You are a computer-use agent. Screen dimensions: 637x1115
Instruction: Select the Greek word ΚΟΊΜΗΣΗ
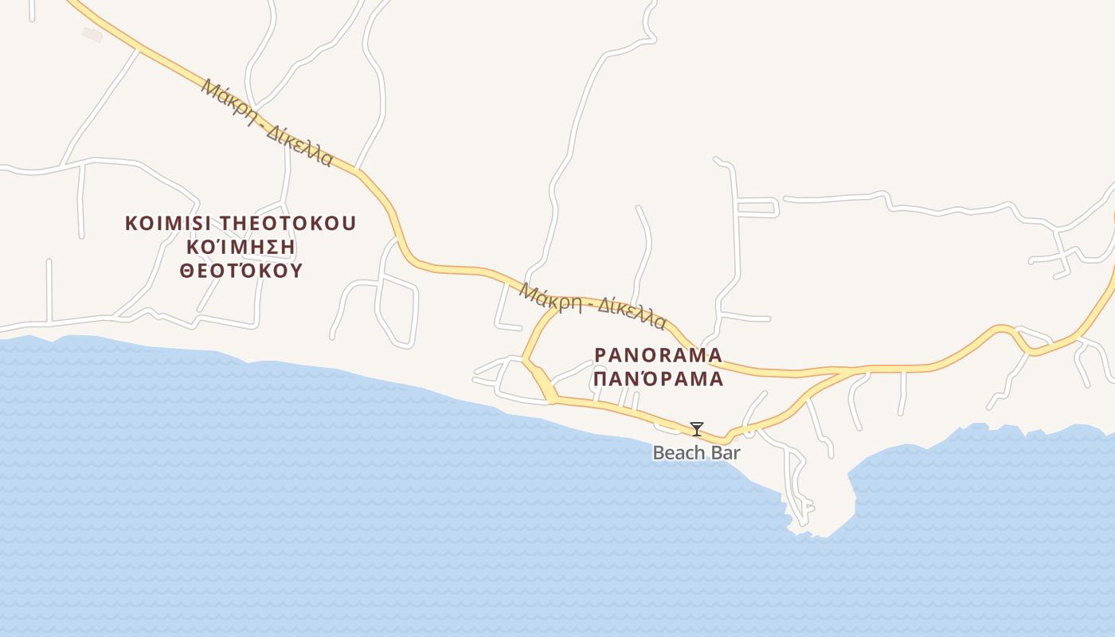[x=240, y=247]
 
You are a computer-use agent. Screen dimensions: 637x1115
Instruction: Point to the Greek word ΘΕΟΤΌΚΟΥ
[x=241, y=271]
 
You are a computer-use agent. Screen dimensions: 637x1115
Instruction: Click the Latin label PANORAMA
[x=659, y=354]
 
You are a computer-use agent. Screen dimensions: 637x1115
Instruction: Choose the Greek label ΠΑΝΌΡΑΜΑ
[x=659, y=378]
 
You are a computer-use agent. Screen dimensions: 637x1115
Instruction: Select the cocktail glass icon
[x=697, y=429]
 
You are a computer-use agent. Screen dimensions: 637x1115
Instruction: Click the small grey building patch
[x=92, y=34]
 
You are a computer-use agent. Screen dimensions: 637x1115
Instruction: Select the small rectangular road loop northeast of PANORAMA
[x=757, y=207]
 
